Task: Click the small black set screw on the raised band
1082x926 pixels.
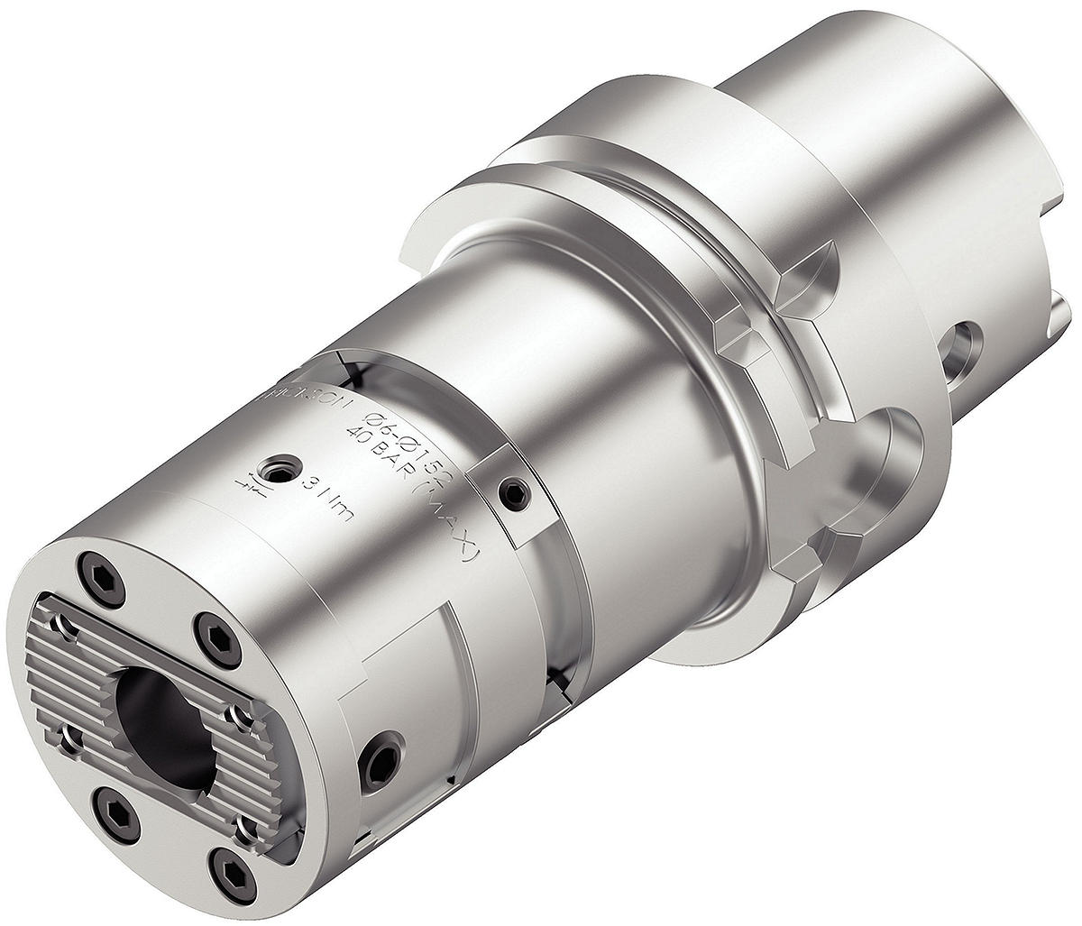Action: [x=511, y=491]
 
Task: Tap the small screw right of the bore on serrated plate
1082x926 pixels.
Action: [x=236, y=715]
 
